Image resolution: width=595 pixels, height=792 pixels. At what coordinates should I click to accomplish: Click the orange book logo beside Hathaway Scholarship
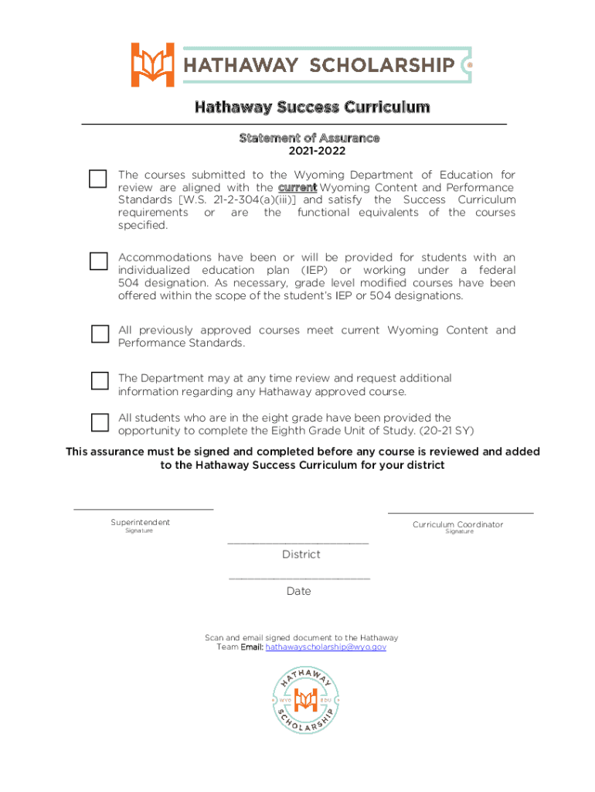(x=153, y=64)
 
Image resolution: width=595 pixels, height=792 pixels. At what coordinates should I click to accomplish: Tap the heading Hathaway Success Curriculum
(x=311, y=107)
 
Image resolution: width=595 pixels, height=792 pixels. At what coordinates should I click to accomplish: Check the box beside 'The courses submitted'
(x=98, y=179)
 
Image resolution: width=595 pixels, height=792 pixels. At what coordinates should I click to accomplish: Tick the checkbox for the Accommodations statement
(x=98, y=261)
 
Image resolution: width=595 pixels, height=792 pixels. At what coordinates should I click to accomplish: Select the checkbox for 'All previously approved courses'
(x=100, y=334)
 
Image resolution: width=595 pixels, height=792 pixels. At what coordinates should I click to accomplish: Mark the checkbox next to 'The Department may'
(x=100, y=381)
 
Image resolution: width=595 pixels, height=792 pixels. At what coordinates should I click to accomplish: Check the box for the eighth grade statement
(x=100, y=422)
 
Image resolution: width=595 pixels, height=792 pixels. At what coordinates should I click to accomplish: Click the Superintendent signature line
(x=143, y=508)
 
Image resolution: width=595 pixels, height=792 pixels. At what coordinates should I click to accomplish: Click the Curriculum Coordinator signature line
(x=460, y=512)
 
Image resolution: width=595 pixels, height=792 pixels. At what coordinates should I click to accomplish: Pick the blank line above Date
(x=299, y=579)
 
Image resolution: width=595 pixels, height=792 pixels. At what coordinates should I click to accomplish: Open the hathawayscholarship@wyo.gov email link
(x=325, y=647)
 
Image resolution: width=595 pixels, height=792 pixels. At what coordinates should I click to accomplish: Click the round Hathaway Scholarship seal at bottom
(x=307, y=701)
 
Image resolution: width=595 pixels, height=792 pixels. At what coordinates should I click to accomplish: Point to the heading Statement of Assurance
(x=309, y=138)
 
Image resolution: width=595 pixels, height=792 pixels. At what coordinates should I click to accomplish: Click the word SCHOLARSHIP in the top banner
(x=382, y=65)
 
